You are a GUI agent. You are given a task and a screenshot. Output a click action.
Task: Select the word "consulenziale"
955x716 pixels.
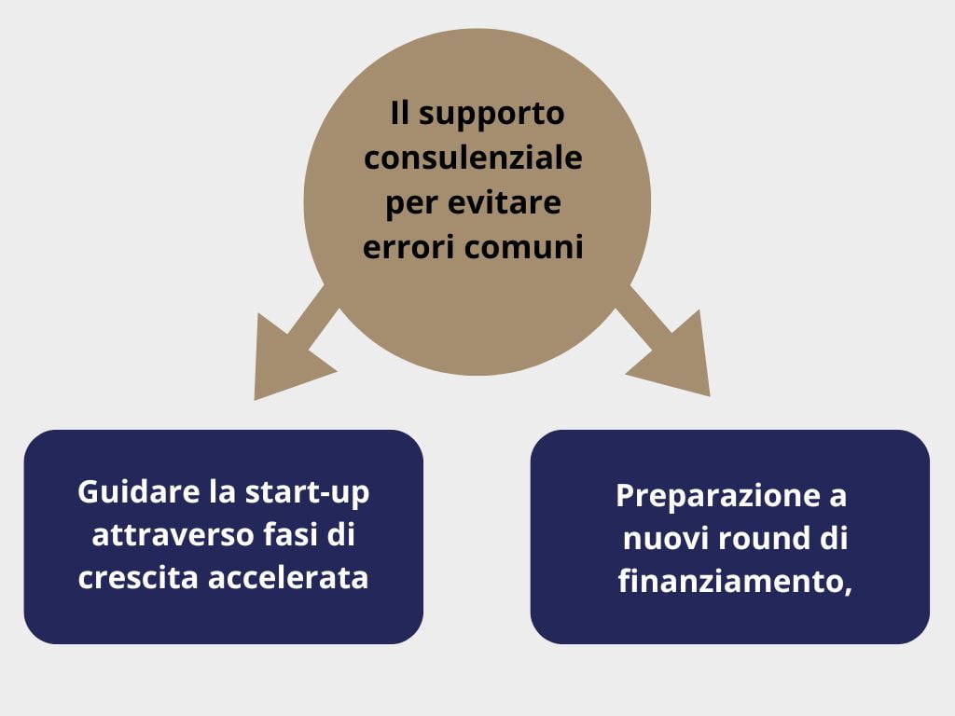[x=473, y=158]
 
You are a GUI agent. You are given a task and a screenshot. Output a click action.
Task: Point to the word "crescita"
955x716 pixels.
[x=139, y=578]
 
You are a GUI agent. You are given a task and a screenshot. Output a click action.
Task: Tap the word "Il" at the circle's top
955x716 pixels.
[x=399, y=114]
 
